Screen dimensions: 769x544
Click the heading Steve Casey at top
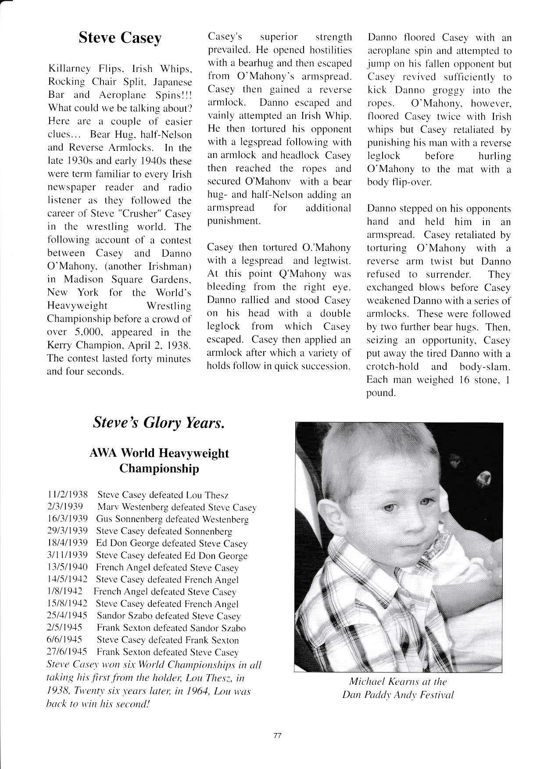pyautogui.click(x=120, y=39)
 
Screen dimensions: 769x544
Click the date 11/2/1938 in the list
pyautogui.click(x=67, y=495)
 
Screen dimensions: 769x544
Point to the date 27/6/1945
pyautogui.click(x=67, y=652)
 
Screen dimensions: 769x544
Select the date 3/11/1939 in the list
pyautogui.click(x=67, y=555)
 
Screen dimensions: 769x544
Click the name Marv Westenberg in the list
pyautogui.click(x=127, y=507)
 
